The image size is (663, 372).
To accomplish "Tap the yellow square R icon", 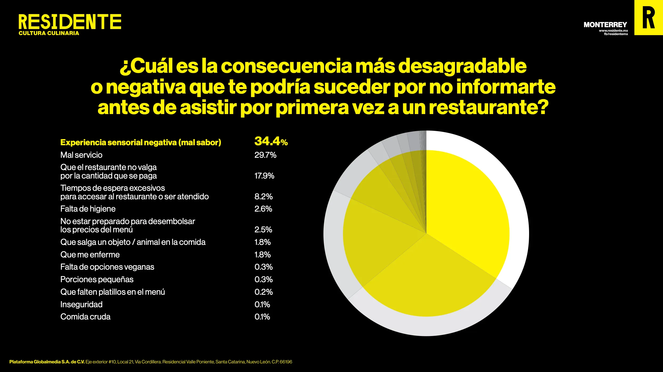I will (x=648, y=18).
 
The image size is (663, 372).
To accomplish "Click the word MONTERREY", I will (x=605, y=25).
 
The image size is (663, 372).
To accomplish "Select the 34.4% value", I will (x=271, y=141).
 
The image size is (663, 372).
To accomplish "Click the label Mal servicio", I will (x=81, y=155).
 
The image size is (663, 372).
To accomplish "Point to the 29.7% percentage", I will (x=265, y=155).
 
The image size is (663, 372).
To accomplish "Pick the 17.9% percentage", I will (x=264, y=176).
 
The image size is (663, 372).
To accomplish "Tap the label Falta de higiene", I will (x=88, y=209).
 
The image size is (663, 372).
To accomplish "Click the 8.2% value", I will (x=263, y=196).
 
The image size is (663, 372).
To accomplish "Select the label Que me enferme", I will (x=90, y=254).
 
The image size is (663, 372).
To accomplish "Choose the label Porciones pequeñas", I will (x=97, y=279).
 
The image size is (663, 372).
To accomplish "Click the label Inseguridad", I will (x=81, y=304).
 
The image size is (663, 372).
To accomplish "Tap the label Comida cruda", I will (x=85, y=317).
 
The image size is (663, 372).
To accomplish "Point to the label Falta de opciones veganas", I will (x=107, y=267).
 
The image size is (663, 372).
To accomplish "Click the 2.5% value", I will (x=263, y=229).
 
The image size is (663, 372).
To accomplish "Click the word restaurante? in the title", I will (x=489, y=107).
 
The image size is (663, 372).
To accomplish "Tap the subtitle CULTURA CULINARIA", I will (x=49, y=33).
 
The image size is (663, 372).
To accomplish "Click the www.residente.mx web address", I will (x=613, y=31).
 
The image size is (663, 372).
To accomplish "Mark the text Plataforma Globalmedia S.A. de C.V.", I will (x=47, y=362).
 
